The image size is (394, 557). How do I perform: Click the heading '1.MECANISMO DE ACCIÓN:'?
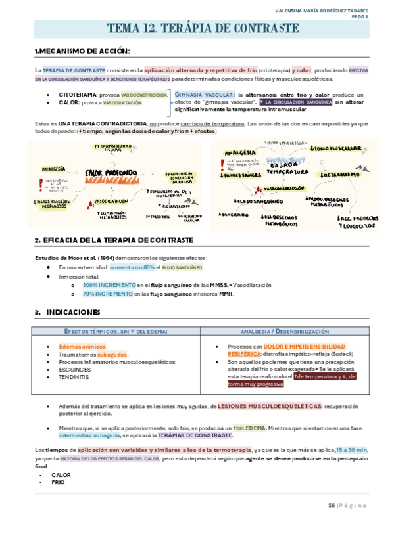[82, 51]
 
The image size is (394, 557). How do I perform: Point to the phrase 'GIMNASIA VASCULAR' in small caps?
[205, 95]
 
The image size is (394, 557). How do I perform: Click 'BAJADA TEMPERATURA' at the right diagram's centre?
[286, 168]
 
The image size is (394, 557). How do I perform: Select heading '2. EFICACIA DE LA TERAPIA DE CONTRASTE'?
[113, 240]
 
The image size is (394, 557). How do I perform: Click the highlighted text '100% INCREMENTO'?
[99, 285]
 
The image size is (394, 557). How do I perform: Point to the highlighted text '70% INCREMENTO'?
[98, 294]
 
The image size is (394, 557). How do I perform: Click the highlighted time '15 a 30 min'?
[352, 449]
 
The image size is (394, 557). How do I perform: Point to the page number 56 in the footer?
[332, 505]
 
